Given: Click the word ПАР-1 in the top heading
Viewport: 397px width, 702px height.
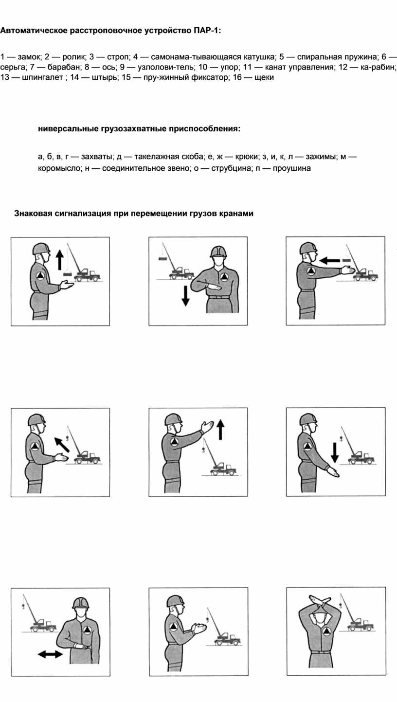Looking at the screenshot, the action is point(205,31).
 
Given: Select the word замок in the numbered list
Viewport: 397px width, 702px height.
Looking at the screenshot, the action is point(30,57).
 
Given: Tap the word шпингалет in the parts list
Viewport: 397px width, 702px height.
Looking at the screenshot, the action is point(43,77).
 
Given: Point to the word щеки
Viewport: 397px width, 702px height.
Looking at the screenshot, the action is point(264,77).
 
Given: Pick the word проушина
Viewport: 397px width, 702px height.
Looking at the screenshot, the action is point(292,169).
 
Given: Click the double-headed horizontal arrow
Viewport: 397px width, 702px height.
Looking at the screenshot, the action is point(50,654).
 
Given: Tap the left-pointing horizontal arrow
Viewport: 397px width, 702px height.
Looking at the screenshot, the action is point(330,260).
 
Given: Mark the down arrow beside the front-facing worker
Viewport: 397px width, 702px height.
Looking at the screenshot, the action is point(185,296).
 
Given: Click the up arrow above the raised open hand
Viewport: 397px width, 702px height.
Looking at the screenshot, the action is point(220,430).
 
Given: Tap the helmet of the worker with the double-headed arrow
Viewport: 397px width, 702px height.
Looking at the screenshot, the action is point(81,603).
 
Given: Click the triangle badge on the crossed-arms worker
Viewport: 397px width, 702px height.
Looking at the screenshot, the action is point(327,631).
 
